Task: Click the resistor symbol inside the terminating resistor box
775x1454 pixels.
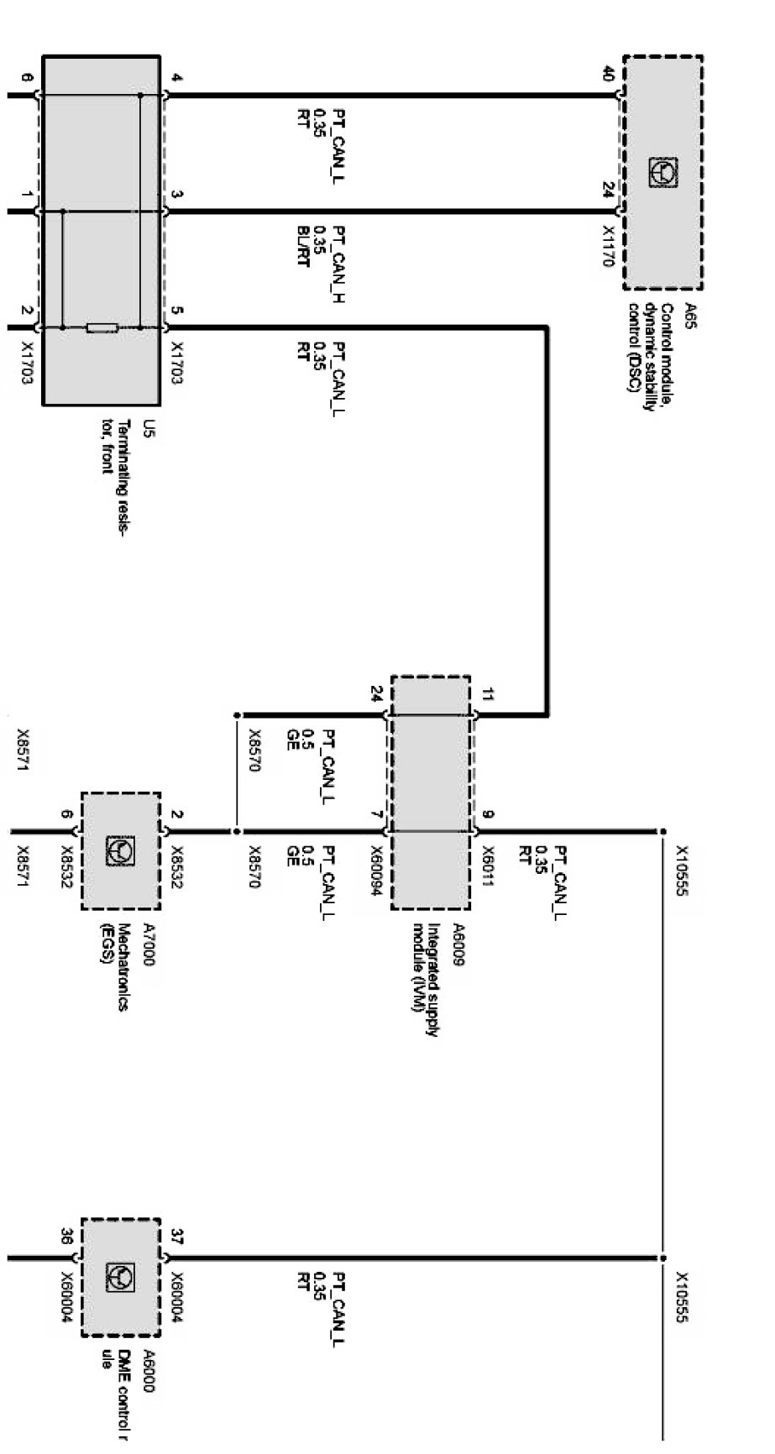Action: [102, 327]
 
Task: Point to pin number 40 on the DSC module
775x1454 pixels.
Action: [609, 75]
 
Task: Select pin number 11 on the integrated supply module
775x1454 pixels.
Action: [489, 694]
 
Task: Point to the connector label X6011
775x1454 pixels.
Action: [489, 865]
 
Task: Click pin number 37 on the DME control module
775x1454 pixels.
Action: [176, 1237]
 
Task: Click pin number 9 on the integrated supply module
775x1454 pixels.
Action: [489, 813]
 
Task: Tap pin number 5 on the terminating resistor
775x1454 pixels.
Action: [176, 311]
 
